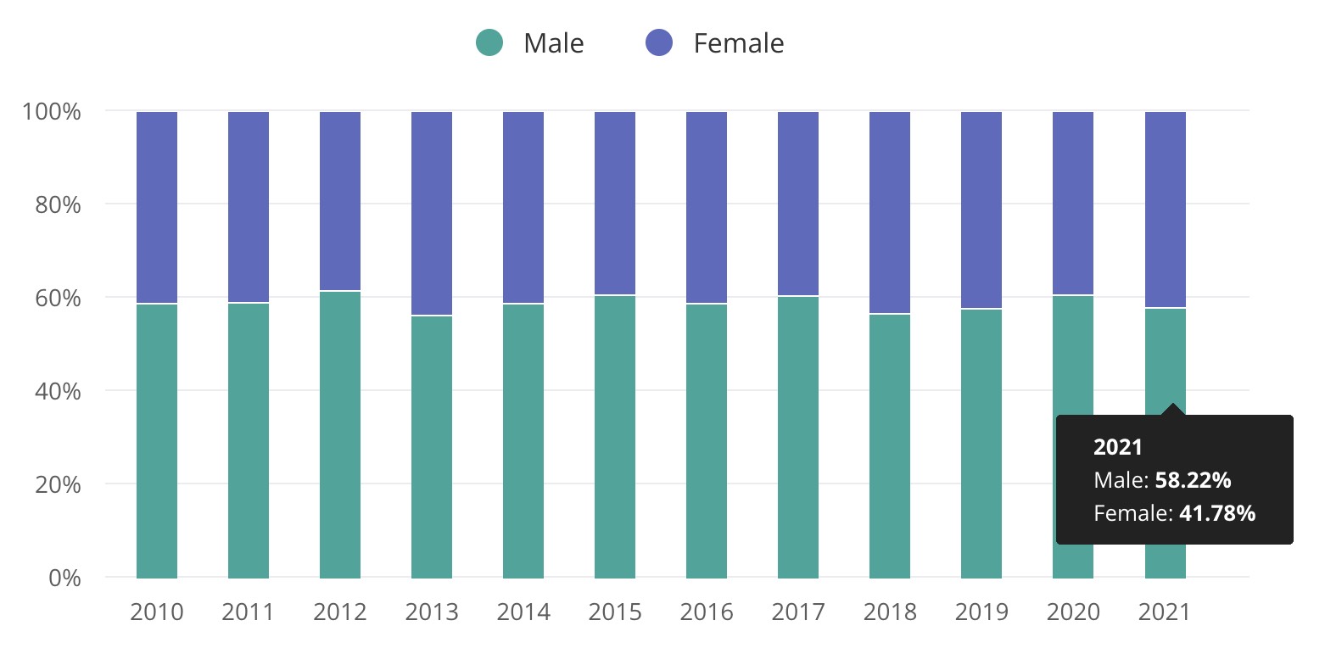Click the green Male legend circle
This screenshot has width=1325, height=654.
tap(489, 42)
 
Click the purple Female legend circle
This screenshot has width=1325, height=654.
tap(659, 42)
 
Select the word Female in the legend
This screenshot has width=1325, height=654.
tap(738, 42)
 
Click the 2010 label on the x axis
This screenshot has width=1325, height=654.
tap(157, 612)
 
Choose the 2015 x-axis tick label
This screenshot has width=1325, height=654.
tap(615, 612)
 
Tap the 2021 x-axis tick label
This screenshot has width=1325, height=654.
tap(1165, 612)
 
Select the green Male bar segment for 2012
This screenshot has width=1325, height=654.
tap(340, 434)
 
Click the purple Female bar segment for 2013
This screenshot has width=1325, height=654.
tap(432, 213)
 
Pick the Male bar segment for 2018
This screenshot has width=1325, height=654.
tap(890, 446)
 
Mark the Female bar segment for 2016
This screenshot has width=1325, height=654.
tap(707, 207)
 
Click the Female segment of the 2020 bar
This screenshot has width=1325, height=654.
tap(1073, 203)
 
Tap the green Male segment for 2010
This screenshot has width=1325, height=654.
tap(157, 441)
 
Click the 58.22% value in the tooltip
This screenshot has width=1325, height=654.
tap(1193, 480)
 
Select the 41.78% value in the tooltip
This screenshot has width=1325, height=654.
tap(1216, 512)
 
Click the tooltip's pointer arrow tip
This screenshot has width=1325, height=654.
tap(1172, 405)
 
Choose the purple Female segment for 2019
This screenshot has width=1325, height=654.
tap(981, 210)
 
